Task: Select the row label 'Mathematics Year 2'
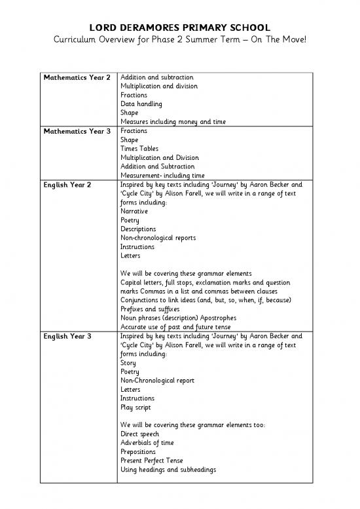(81, 77)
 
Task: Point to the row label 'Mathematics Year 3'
(81, 131)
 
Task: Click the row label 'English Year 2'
(71, 185)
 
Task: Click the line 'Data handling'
(141, 104)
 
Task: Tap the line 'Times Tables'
(139, 149)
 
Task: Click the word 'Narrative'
(134, 212)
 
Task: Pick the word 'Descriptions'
(138, 229)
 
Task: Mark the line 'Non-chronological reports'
(158, 238)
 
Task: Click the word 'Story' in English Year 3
(128, 362)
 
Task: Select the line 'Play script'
(135, 407)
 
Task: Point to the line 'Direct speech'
(139, 434)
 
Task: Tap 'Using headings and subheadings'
(168, 470)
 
